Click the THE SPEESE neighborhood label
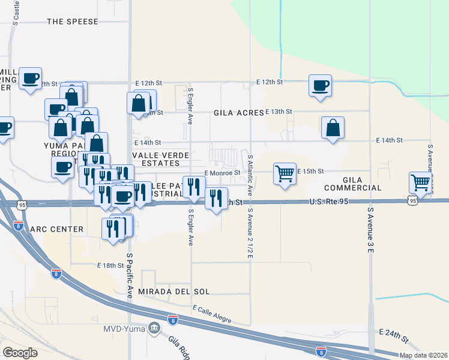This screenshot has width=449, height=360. pyautogui.click(x=72, y=22)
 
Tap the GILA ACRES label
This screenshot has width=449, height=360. pyautogui.click(x=239, y=112)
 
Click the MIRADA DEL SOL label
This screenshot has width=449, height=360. pyautogui.click(x=174, y=292)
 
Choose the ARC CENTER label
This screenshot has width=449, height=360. pyautogui.click(x=56, y=229)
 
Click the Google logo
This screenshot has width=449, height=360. pyautogui.click(x=20, y=353)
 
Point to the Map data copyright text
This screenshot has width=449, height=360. pyautogui.click(x=423, y=355)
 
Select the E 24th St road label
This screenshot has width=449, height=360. pyautogui.click(x=394, y=331)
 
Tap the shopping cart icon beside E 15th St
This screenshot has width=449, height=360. pyautogui.click(x=285, y=173)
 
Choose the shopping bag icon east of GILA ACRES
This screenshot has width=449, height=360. pyautogui.click(x=332, y=127)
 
